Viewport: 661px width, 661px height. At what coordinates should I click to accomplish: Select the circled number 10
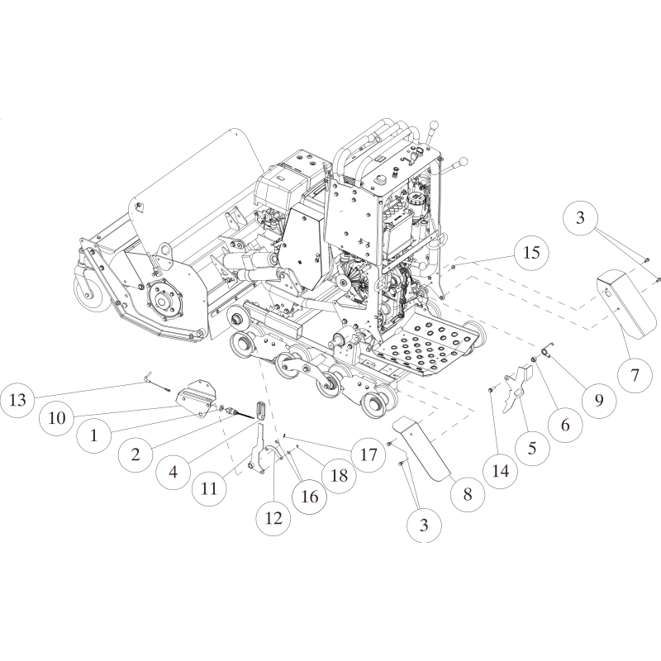(56, 418)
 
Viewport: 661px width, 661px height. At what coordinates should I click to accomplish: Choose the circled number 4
(173, 472)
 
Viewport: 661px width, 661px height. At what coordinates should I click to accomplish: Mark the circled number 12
(273, 518)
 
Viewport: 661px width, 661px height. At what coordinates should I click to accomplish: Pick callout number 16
(309, 497)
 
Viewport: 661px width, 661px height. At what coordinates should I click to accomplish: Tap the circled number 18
(338, 475)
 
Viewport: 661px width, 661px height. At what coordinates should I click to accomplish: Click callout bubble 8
(467, 495)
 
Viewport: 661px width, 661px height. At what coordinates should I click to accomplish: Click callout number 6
(566, 425)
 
